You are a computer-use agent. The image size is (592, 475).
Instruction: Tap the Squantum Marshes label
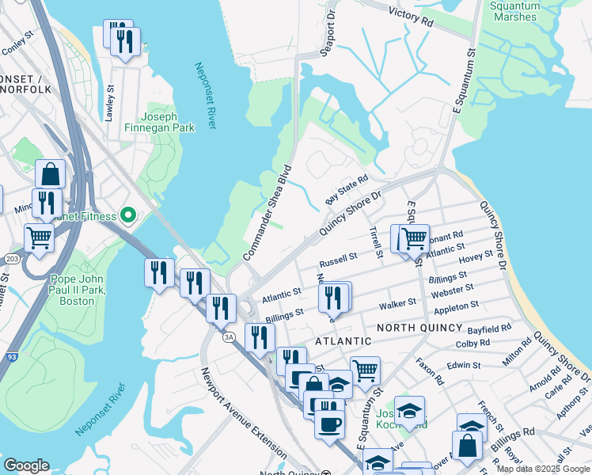[514, 11]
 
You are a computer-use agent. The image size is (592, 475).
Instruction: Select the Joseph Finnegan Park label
[161, 121]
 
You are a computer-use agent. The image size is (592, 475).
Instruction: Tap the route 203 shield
[9, 259]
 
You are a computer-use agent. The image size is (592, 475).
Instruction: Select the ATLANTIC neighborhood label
[343, 341]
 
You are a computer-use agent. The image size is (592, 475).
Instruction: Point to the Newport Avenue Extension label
[242, 412]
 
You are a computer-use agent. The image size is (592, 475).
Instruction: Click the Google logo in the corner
[26, 465]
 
